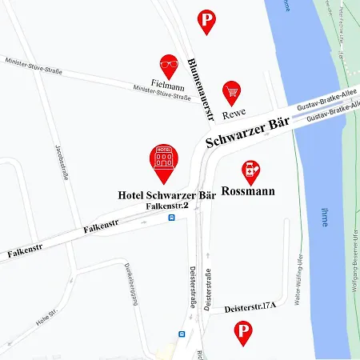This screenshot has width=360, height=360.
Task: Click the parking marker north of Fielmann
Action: coord(206,21)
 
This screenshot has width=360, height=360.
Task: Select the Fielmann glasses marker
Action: coord(169,66)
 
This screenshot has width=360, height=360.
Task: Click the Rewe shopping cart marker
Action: coord(232,92)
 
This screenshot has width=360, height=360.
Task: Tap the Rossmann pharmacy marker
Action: coord(251,171)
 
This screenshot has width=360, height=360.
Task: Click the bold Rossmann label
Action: coord(247,191)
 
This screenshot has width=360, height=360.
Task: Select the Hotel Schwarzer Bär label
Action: coord(166,194)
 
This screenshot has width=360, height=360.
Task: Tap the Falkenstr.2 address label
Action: coord(166,206)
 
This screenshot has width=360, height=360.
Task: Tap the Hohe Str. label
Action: coord(48,320)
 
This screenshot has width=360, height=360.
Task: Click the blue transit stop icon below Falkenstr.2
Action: coord(171,217)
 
